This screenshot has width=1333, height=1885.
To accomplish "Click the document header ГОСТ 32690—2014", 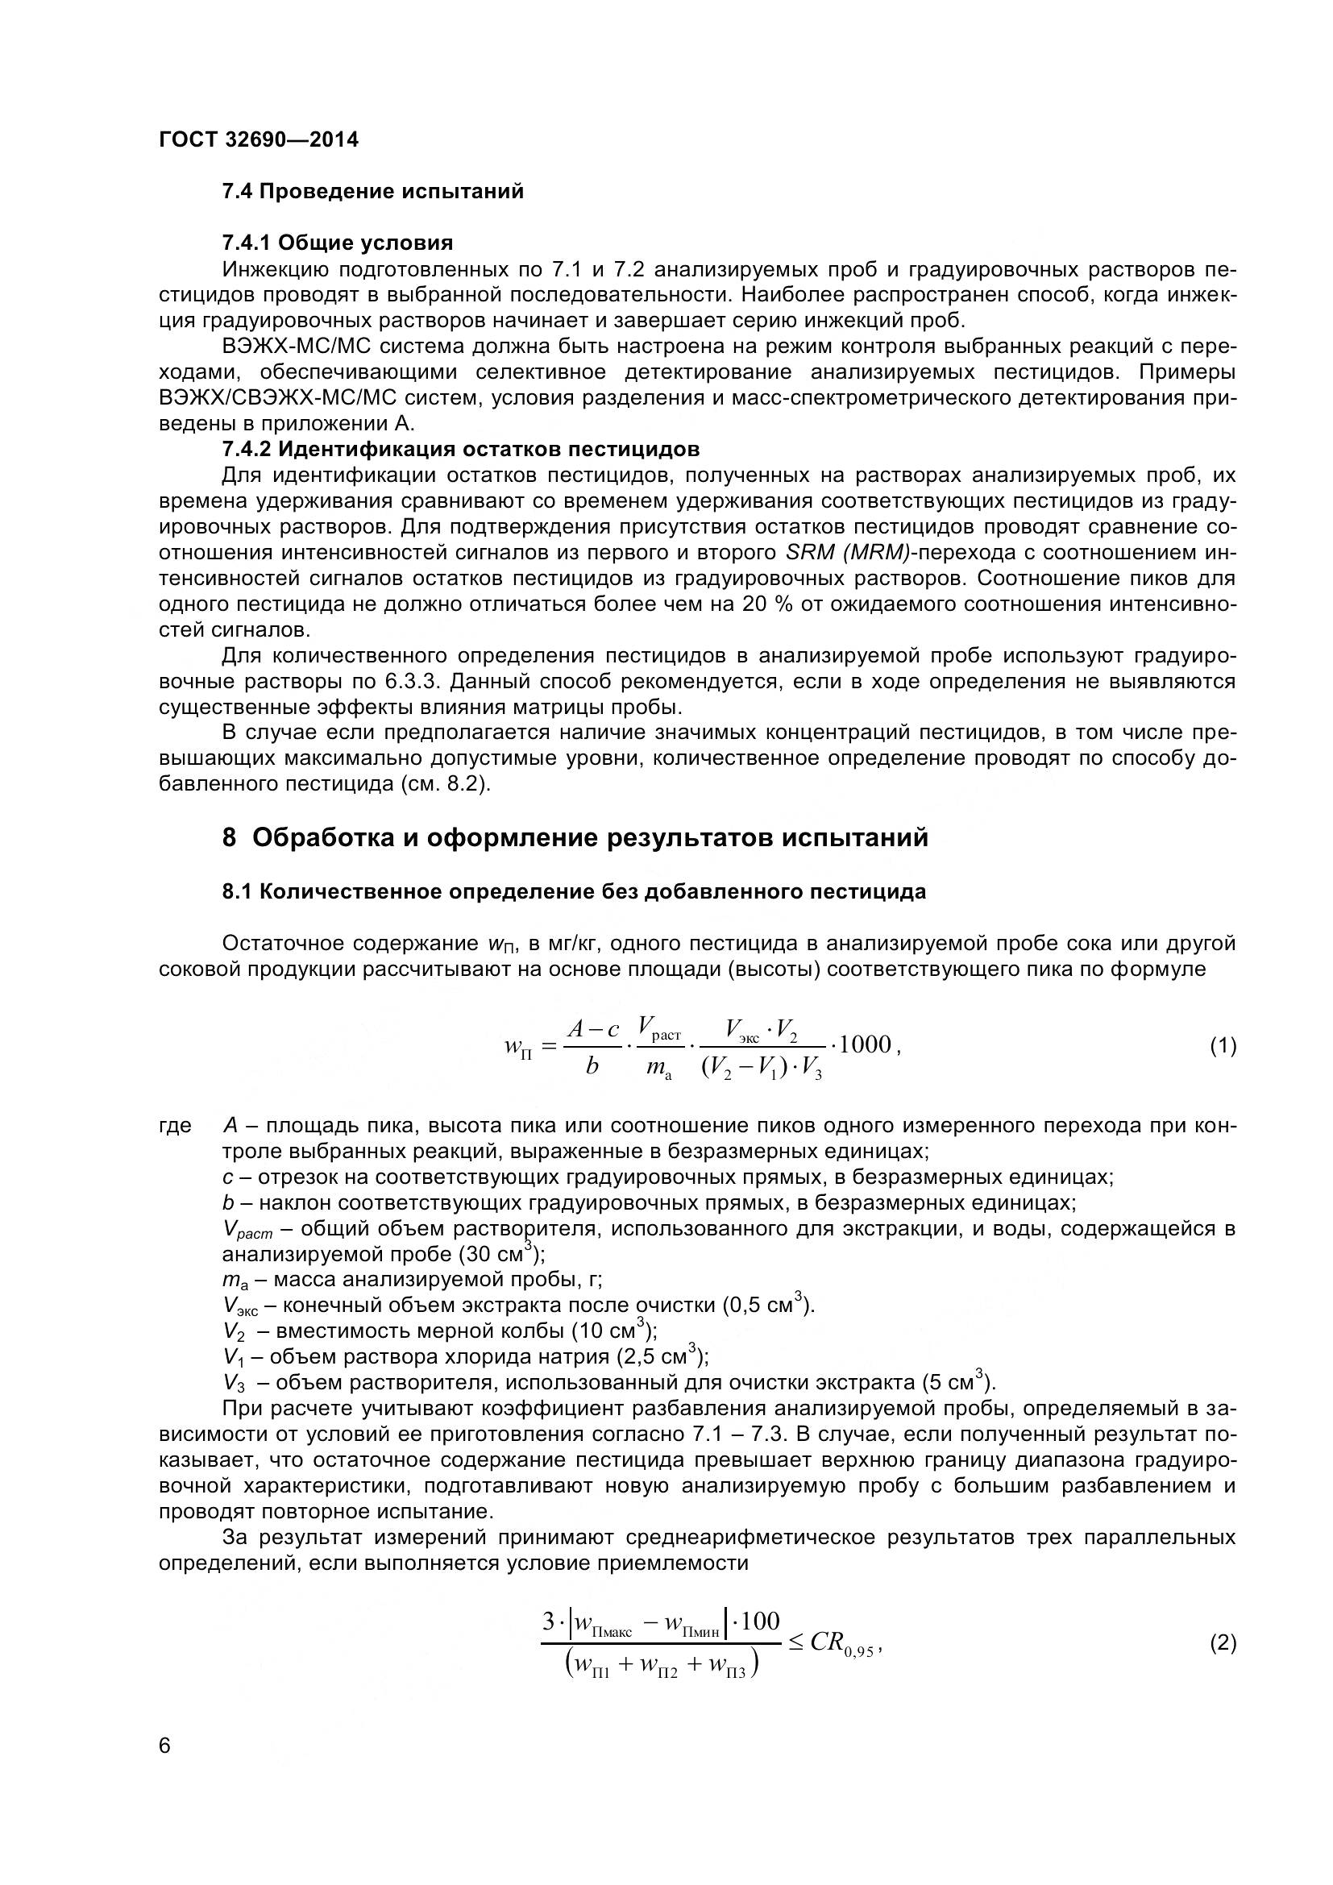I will pos(259,139).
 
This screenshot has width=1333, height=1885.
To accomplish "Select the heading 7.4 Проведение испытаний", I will pos(372,192).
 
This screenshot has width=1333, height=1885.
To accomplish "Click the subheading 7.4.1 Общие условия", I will pos(338,243).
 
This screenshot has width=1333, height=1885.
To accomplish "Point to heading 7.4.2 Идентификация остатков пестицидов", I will pos(460,449).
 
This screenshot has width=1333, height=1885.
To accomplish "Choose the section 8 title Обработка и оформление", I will pos(575,838).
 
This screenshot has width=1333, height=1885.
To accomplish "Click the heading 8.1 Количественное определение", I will pos(574,891).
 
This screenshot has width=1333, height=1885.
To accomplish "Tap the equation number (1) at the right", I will pos(1223,1046).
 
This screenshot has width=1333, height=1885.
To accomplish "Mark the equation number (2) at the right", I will pos(1223,1642).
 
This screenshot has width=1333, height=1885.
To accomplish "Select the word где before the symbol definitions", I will pos(175,1126).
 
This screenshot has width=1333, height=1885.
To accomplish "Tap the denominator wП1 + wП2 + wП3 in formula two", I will pos(661,1666).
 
